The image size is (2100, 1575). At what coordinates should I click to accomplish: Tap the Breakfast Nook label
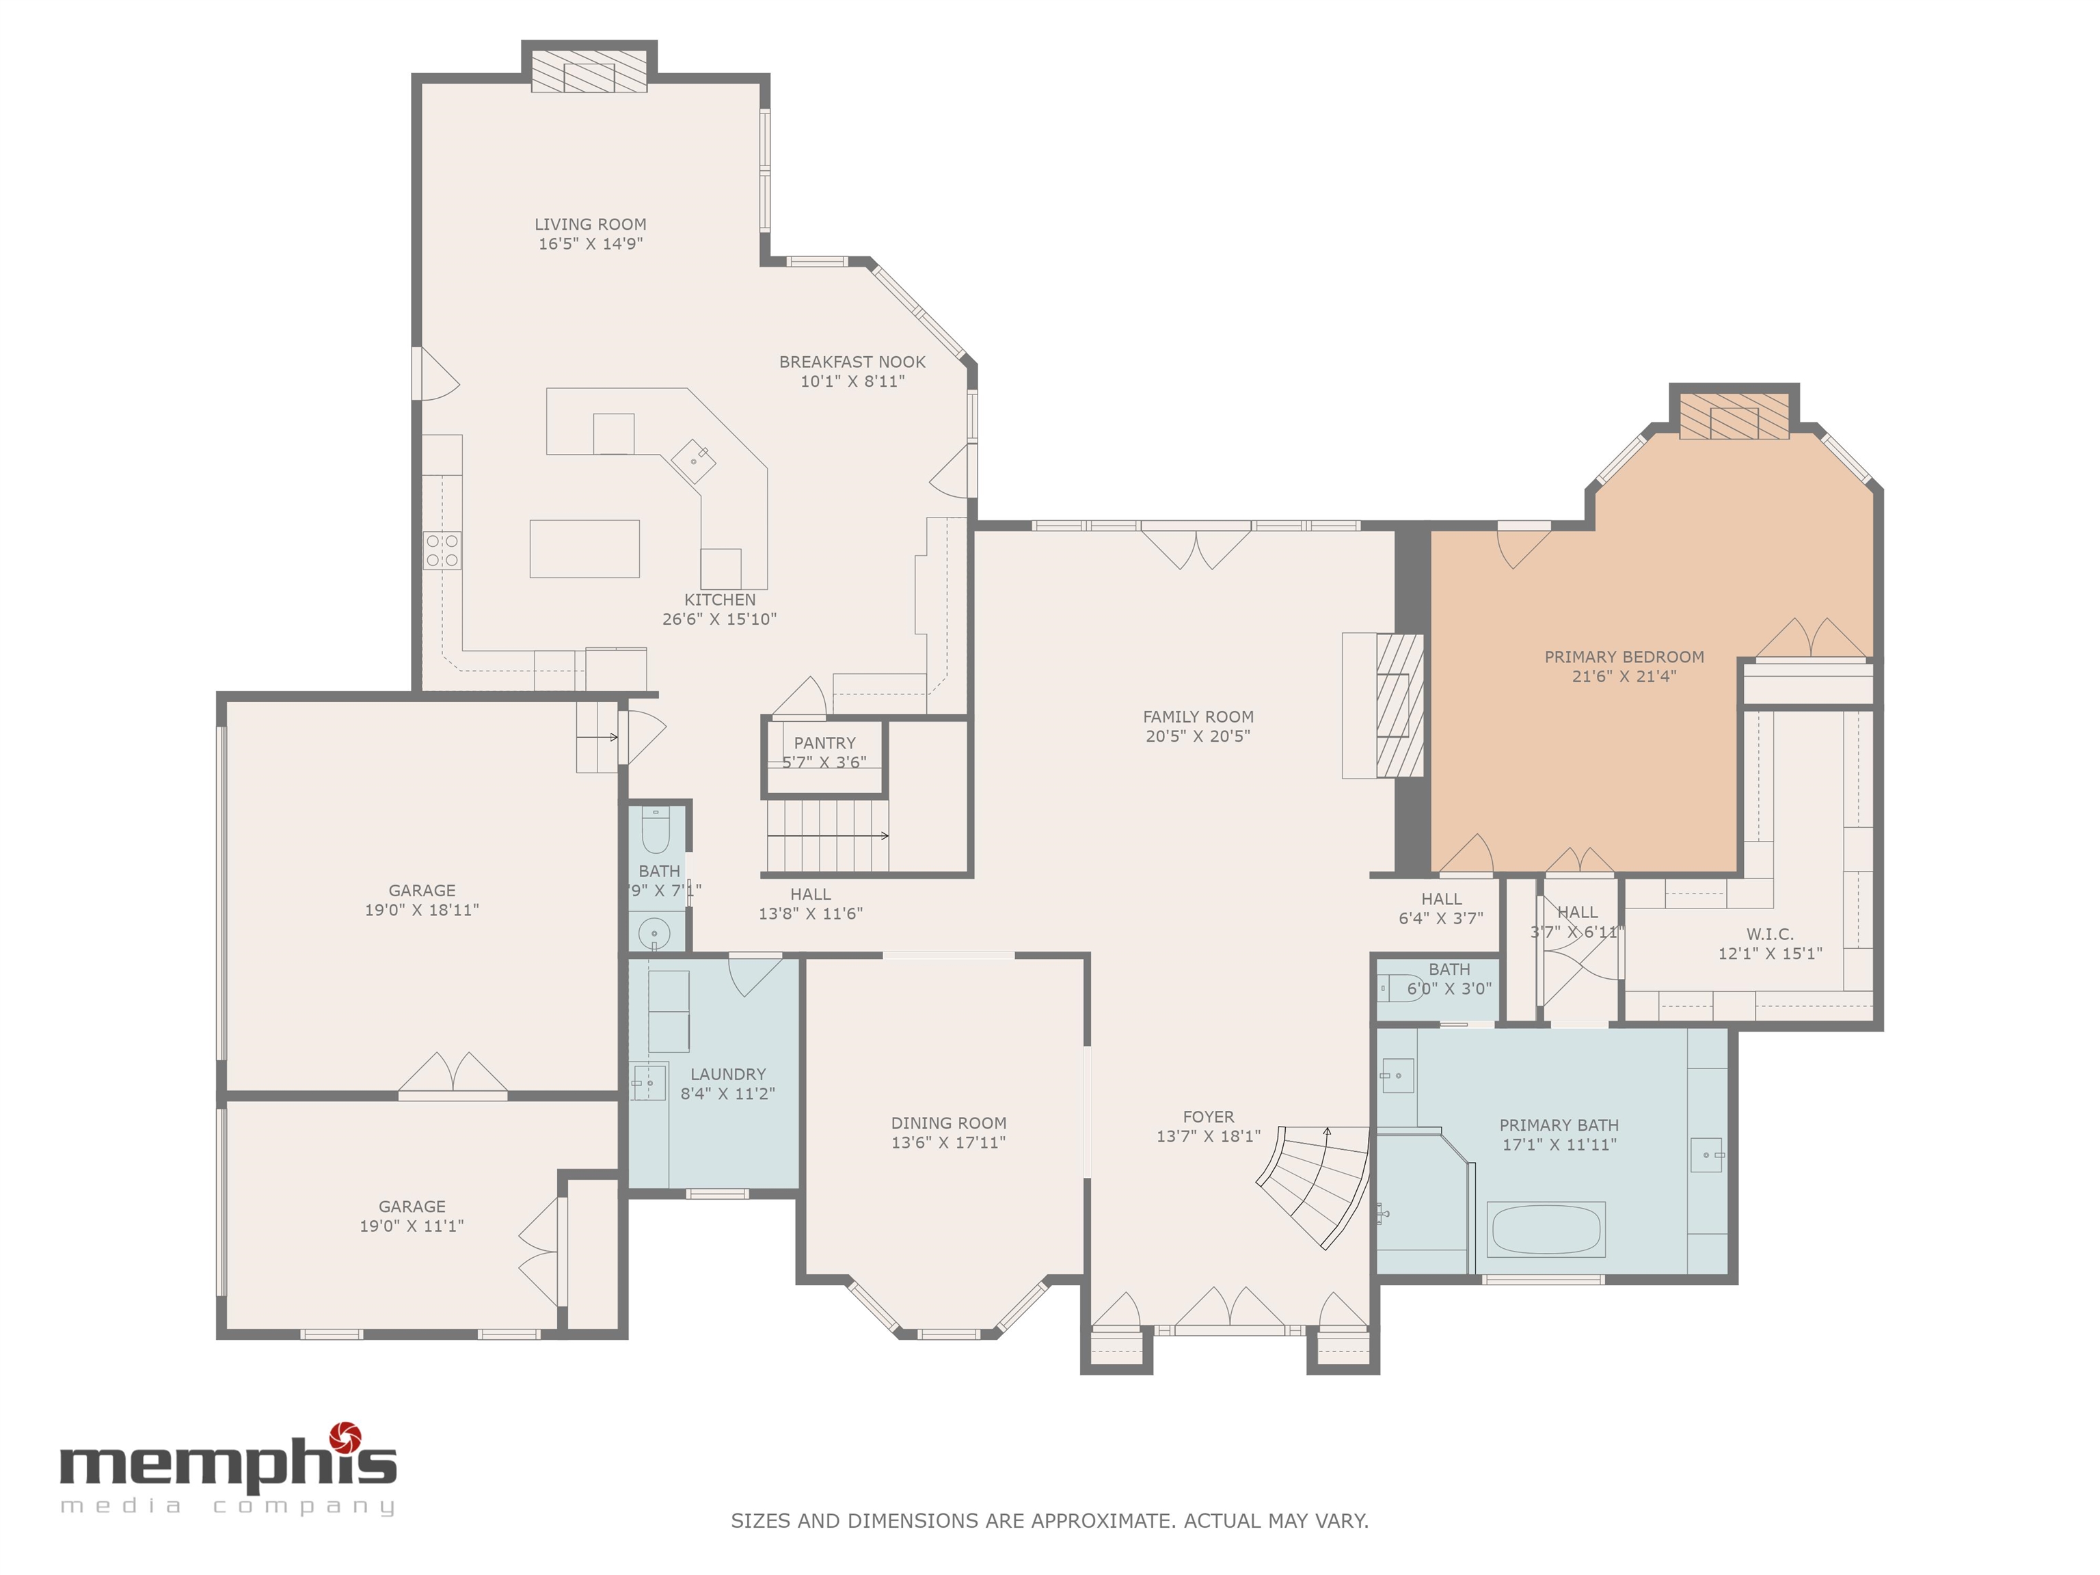tap(852, 362)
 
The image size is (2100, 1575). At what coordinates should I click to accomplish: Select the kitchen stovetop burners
tap(442, 550)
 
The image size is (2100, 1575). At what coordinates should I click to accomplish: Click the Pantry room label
tap(824, 743)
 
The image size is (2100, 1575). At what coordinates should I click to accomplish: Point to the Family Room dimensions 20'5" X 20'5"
tap(1198, 736)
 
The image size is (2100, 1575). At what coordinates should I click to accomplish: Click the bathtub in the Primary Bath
tap(1546, 1229)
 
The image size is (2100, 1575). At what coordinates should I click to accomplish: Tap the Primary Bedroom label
tap(1624, 657)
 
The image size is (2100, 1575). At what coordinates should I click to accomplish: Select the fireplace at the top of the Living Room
tap(589, 71)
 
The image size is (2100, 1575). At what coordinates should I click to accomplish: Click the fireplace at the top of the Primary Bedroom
tap(1734, 416)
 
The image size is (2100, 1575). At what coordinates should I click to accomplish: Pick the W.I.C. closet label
tap(1770, 934)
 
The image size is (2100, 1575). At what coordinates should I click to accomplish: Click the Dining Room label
tap(948, 1123)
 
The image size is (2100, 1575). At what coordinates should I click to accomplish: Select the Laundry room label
tap(727, 1074)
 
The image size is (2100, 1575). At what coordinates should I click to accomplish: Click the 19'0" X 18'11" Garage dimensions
tap(422, 909)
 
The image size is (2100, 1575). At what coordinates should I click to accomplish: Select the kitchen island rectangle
tap(584, 549)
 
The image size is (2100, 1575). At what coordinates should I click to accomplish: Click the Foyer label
tap(1209, 1116)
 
